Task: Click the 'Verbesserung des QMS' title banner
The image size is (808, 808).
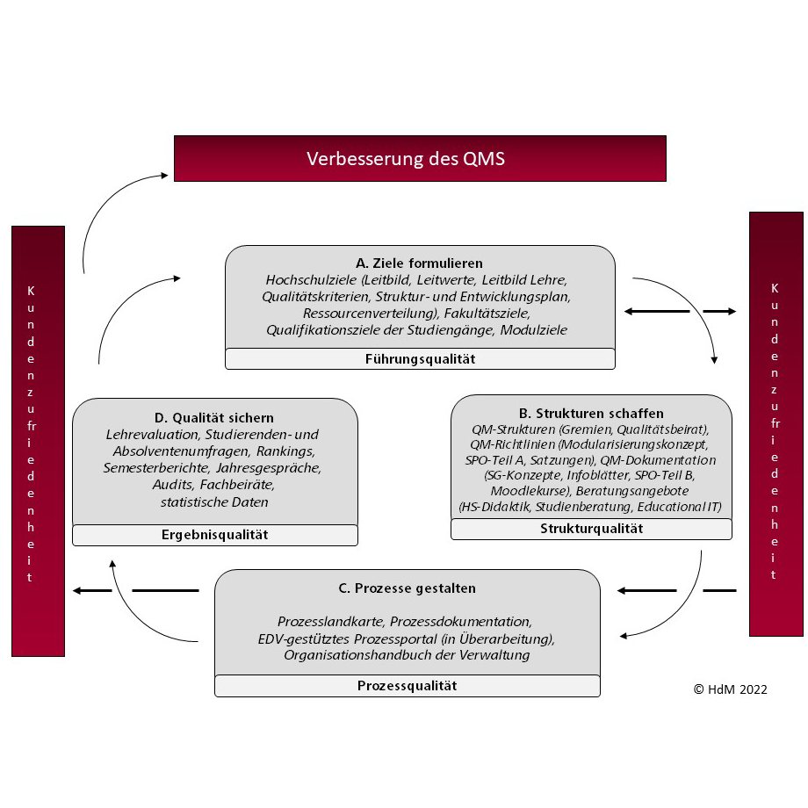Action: click(x=420, y=159)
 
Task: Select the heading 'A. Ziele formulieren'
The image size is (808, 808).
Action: click(x=419, y=263)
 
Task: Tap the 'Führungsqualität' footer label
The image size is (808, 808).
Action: click(x=420, y=359)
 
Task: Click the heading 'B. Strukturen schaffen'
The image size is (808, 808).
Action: click(x=591, y=414)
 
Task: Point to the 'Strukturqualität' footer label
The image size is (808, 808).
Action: click(x=592, y=529)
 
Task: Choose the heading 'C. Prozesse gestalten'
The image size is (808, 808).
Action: click(x=408, y=588)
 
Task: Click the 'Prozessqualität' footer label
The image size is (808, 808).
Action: click(x=408, y=686)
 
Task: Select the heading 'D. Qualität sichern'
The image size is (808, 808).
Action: click(x=214, y=418)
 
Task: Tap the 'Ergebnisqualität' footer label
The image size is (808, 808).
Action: click(x=215, y=535)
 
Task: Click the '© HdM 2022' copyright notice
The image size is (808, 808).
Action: click(x=730, y=689)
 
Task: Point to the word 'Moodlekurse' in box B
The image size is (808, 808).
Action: click(x=530, y=491)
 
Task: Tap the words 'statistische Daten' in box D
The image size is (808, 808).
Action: click(x=214, y=501)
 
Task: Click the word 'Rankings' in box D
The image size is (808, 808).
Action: click(x=285, y=451)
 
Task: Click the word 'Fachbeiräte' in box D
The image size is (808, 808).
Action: click(x=237, y=485)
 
